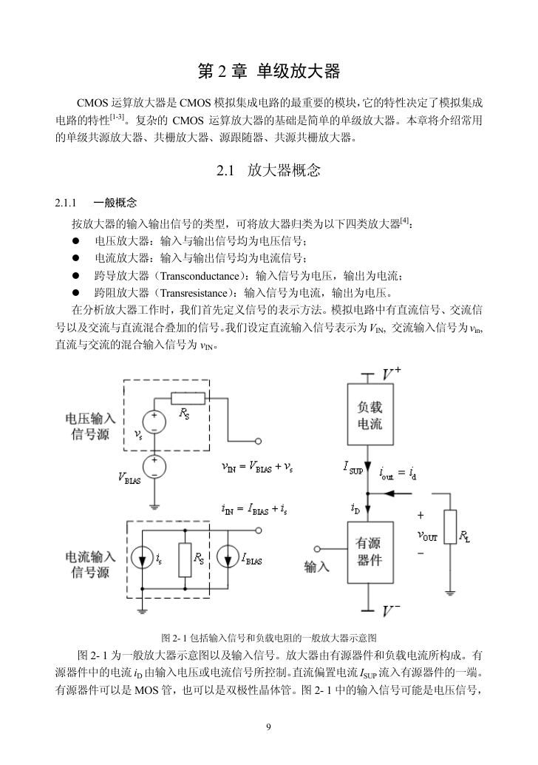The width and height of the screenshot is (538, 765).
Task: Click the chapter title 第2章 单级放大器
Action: (x=268, y=71)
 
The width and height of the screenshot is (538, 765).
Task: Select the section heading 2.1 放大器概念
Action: (x=268, y=170)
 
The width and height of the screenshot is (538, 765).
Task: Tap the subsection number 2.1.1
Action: (x=66, y=203)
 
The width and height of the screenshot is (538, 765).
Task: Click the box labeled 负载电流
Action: (x=370, y=414)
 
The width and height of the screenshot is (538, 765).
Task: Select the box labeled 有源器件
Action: (x=370, y=552)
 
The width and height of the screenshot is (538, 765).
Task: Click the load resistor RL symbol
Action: (x=450, y=527)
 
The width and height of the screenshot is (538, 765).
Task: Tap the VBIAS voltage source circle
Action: (x=154, y=467)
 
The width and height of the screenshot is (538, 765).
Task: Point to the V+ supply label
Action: (x=391, y=374)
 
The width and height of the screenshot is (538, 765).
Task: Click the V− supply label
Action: (x=391, y=611)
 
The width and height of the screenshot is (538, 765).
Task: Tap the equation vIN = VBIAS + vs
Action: (x=257, y=467)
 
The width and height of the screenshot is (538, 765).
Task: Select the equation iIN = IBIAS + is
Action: (x=254, y=510)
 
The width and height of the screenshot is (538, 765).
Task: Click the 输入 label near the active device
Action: (x=317, y=567)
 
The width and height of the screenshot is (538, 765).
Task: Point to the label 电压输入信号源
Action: (x=90, y=426)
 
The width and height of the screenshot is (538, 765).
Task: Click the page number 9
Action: (x=268, y=727)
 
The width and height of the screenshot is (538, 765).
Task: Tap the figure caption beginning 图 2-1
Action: (x=269, y=638)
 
